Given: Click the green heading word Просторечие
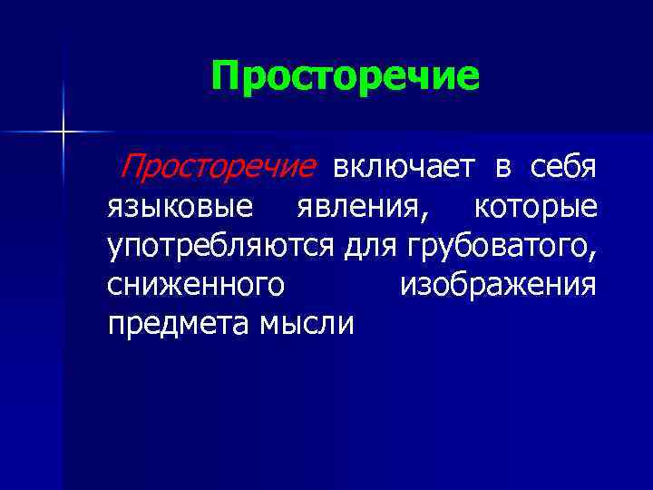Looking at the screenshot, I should click(x=345, y=76).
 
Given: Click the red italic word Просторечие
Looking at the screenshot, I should click(x=219, y=167).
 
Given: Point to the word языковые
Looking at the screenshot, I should click(x=180, y=207).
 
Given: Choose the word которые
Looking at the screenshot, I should click(x=535, y=207).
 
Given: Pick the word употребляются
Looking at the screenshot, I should click(x=224, y=246).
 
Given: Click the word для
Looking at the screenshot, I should click(x=375, y=246).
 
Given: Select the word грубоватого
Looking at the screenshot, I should click(x=497, y=246).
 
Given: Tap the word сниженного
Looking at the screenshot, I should click(x=195, y=285).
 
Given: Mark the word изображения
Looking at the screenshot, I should click(x=498, y=285).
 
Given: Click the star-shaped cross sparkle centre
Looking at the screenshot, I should click(x=63, y=132).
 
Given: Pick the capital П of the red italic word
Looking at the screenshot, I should click(x=132, y=167).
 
